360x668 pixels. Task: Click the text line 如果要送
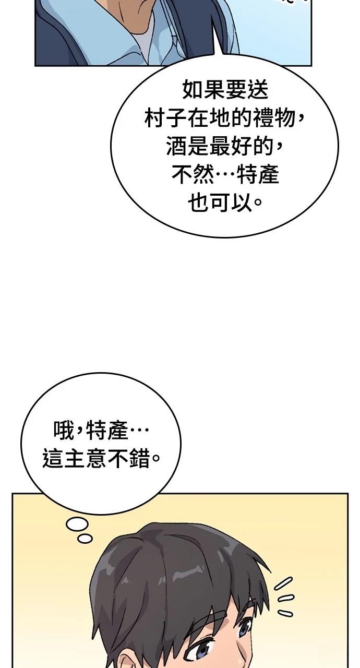pos(225,89)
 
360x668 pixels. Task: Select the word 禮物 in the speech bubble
pos(274,118)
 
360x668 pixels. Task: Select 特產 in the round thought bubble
pos(107,430)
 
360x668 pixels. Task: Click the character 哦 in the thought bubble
pos(63,430)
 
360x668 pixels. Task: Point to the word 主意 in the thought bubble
pos(85,458)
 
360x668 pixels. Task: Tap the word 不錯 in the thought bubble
pos(128,458)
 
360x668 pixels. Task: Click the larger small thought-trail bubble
pos(77,524)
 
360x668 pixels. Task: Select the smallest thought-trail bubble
pos(85,538)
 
